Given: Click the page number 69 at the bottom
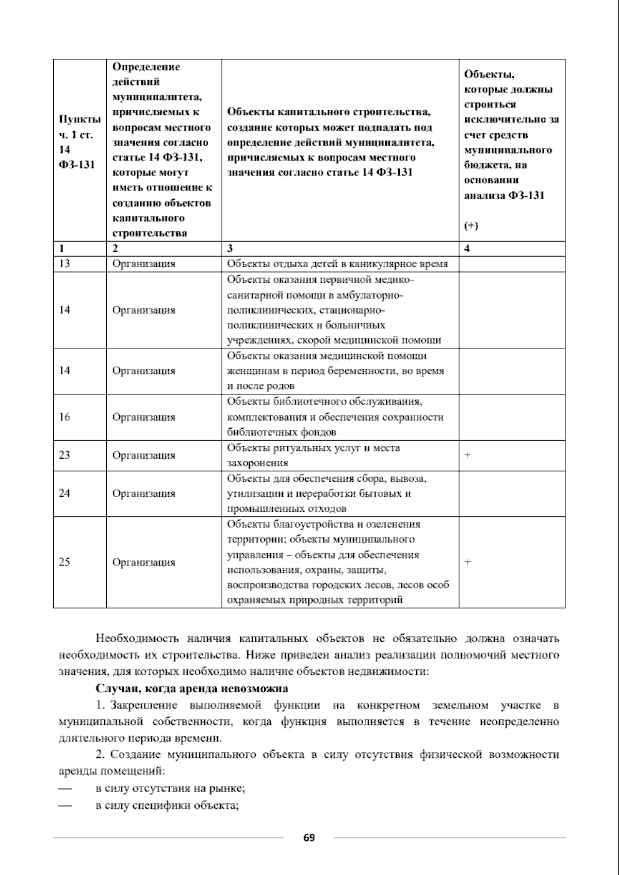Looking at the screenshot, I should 309,837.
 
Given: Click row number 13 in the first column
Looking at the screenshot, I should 64,264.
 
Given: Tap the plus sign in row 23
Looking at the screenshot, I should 467,455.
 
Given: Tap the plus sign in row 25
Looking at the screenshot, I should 467,562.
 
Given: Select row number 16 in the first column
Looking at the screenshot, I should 64,417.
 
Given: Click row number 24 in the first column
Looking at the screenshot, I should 64,493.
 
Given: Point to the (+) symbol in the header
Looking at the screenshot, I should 470,226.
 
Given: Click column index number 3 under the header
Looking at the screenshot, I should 230,248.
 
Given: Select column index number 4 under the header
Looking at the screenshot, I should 467,248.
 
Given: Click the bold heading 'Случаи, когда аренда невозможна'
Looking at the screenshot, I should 192,689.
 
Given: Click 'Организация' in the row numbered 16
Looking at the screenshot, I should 144,417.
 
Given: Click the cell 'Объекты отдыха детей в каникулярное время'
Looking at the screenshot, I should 337,264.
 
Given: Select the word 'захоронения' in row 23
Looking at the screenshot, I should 257,463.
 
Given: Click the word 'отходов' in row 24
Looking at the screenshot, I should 329,509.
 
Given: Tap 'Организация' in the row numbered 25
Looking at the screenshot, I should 144,562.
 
